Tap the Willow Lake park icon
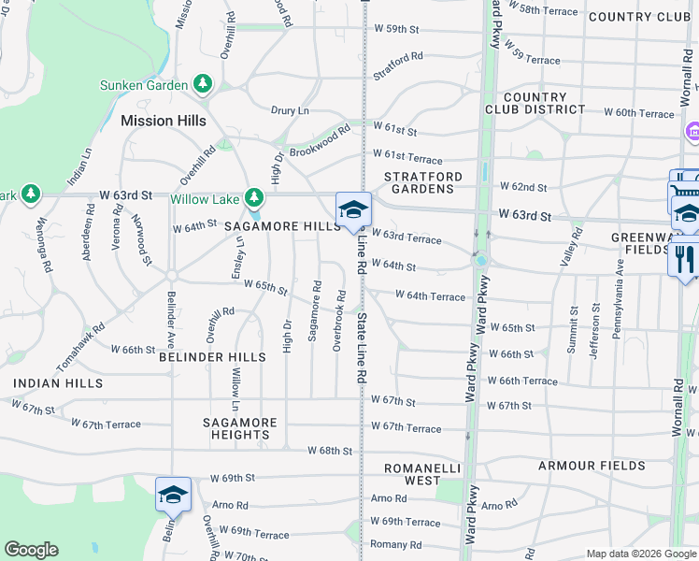pos(253,198)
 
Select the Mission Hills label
pos(160,121)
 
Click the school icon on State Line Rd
pos(353,210)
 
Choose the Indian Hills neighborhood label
pos(58,383)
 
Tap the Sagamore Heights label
pos(240,428)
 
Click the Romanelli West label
pos(409,473)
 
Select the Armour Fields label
pos(592,466)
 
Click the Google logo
pos(32,550)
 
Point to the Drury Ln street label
pos(290,110)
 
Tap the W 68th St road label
pos(331,451)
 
